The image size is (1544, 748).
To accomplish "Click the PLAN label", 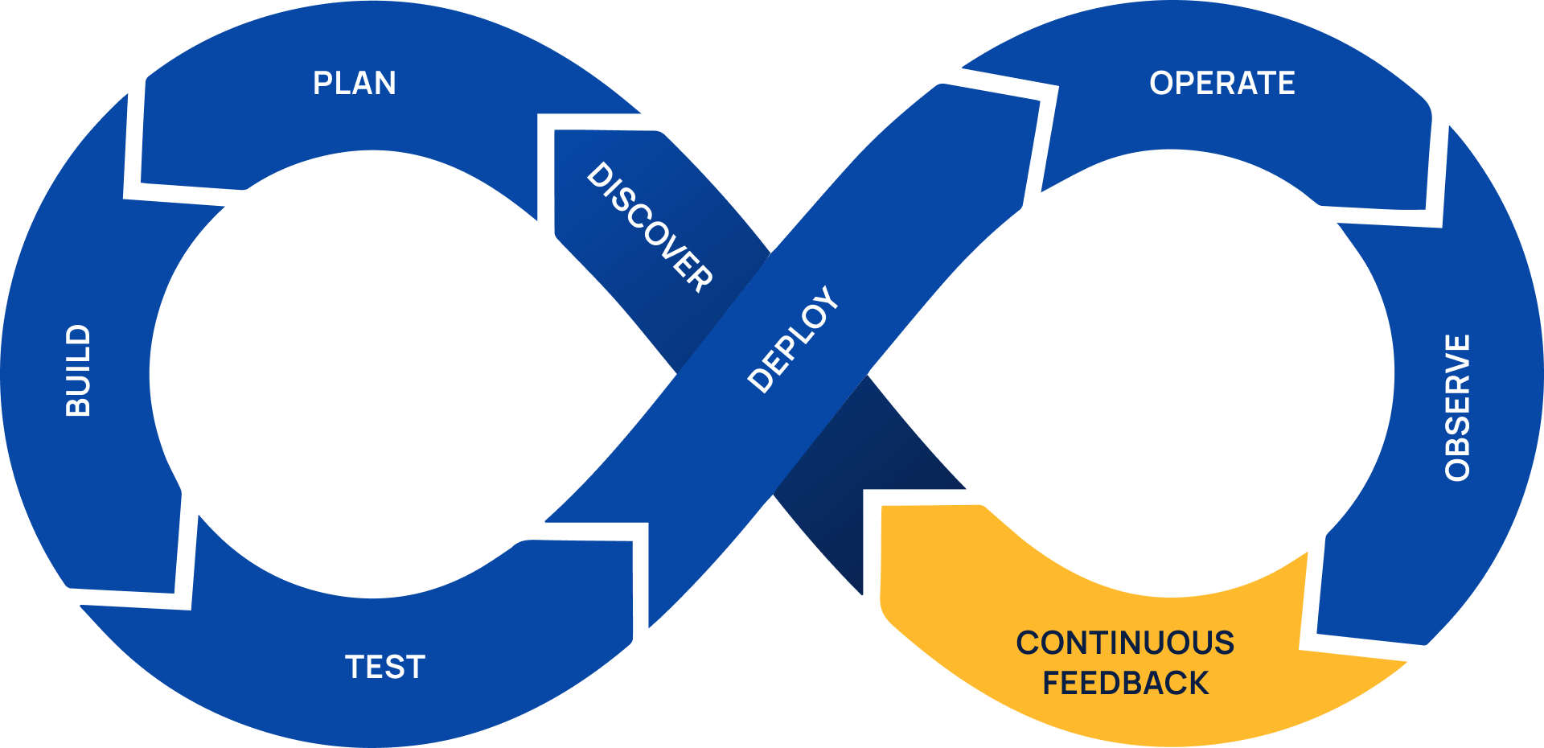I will click(354, 84).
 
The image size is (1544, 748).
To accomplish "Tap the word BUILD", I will click(78, 371).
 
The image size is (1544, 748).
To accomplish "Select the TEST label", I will click(385, 668).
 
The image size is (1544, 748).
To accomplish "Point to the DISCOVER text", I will click(650, 227).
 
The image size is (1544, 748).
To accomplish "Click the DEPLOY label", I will click(793, 339).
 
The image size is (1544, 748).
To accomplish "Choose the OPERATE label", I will click(1222, 84).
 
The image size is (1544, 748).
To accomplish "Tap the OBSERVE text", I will click(1457, 408).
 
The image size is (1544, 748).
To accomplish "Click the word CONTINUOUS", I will click(1125, 643).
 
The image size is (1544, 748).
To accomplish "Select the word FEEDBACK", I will click(1125, 684).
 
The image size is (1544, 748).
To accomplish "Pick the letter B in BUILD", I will click(78, 405).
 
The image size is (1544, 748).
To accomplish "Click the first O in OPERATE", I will click(1163, 84).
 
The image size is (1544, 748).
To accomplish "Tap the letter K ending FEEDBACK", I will click(1197, 684).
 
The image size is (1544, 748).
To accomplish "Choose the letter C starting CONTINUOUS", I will click(1029, 643).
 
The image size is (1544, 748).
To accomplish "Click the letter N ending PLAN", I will click(385, 84).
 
